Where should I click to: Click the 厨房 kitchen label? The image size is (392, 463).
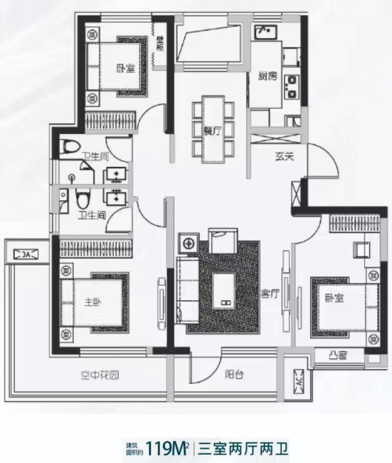(268, 76)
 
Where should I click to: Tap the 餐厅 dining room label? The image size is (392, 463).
(213, 131)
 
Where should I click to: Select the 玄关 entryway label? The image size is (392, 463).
(284, 157)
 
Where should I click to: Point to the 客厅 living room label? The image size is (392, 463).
(270, 294)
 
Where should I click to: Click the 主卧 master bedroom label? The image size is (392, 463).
(93, 302)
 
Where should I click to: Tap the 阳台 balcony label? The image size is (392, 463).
(234, 374)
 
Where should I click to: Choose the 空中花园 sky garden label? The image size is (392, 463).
(100, 375)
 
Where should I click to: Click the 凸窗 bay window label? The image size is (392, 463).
(337, 355)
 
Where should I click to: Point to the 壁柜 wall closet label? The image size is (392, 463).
(160, 44)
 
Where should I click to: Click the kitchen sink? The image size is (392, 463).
(266, 32)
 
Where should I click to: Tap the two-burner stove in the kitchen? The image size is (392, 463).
(291, 87)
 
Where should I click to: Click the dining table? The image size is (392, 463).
(213, 129)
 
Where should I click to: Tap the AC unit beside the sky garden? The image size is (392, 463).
(26, 254)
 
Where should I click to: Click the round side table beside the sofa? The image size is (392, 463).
(188, 243)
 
